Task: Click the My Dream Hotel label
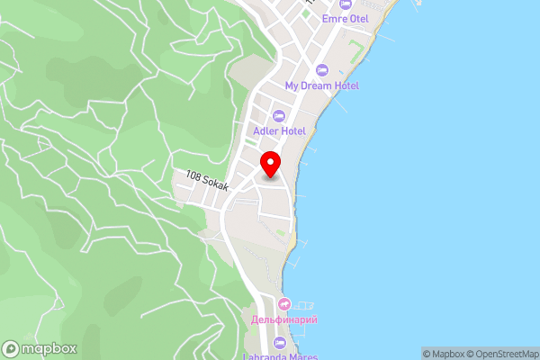322,85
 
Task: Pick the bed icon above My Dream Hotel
322,70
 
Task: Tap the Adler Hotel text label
280,130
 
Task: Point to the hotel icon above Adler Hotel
278,115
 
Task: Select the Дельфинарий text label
284,319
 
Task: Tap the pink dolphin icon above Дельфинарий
284,304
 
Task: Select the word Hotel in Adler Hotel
293,130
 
